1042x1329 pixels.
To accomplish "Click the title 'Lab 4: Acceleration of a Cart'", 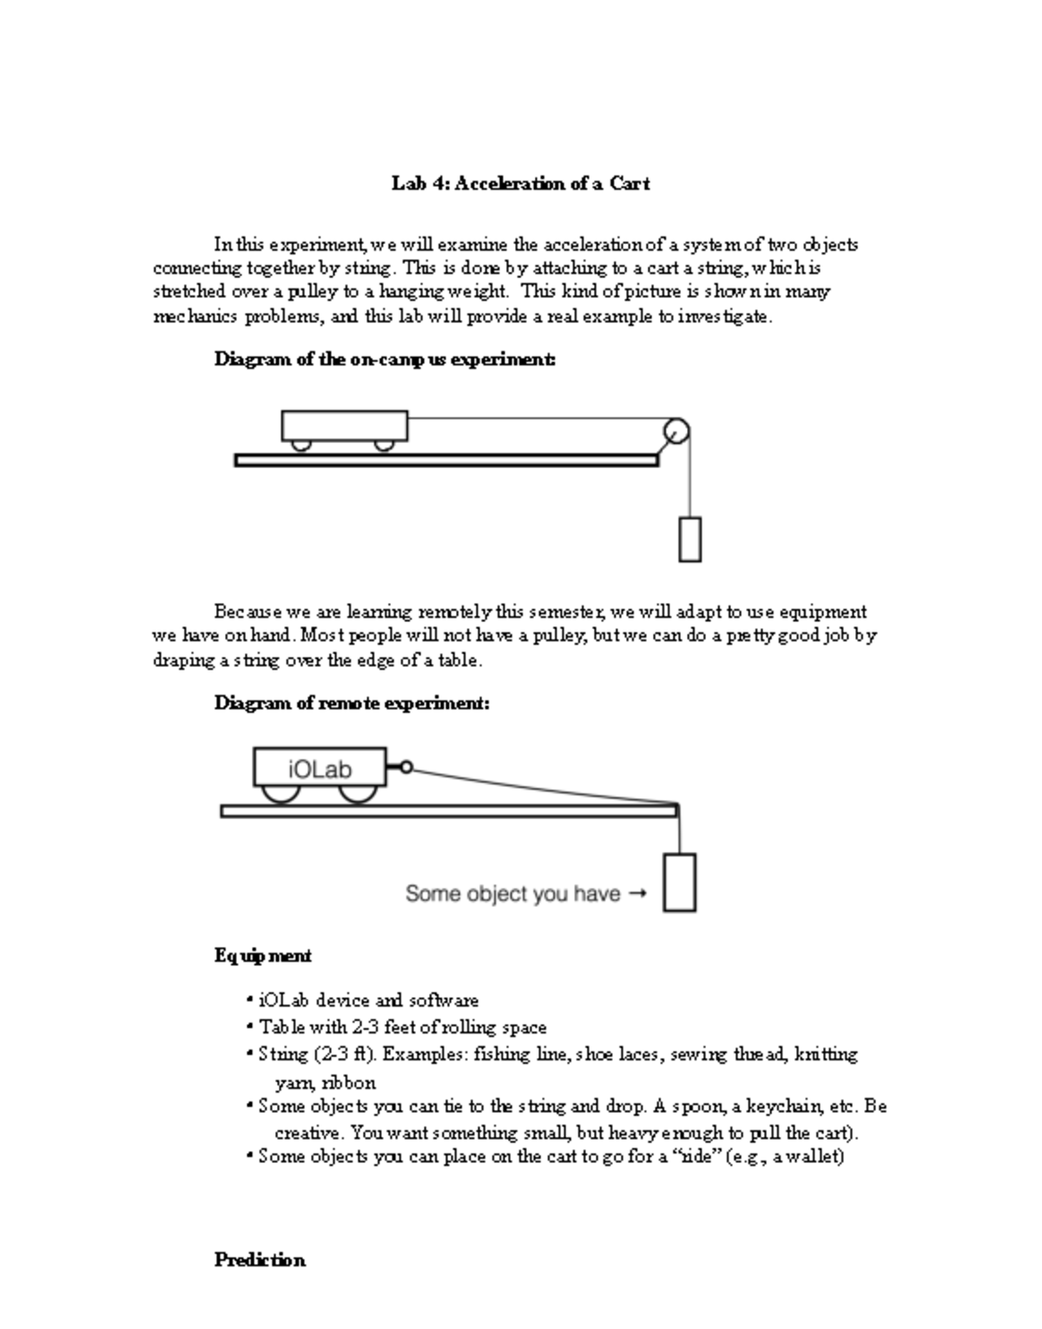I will [x=520, y=183].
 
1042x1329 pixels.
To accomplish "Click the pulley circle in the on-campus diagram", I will [x=676, y=431].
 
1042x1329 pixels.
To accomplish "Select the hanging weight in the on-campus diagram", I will [x=689, y=539].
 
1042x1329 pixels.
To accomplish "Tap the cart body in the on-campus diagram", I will [x=345, y=426].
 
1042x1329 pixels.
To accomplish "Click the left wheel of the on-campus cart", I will [x=301, y=446].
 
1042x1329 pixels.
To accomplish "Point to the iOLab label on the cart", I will [x=320, y=769].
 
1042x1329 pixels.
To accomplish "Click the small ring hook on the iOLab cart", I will [x=406, y=768].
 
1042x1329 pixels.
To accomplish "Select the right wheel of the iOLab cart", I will [x=356, y=793].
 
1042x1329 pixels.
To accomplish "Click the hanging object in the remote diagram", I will [x=680, y=882].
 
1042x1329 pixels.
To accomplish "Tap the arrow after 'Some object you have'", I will [x=636, y=893].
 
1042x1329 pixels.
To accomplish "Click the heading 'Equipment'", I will [x=263, y=955].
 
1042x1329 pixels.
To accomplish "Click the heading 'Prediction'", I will [x=260, y=1260].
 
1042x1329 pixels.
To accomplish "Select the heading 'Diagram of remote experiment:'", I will [x=352, y=703].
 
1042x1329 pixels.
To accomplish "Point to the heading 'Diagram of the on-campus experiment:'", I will [x=385, y=359].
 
